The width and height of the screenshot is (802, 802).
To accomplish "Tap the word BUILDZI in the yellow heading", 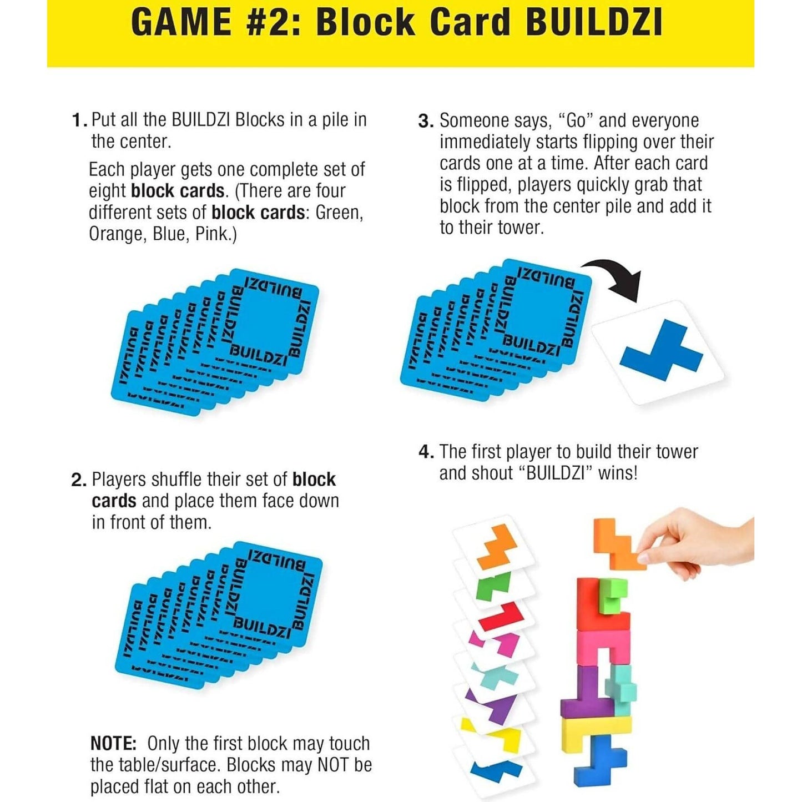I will click(593, 23).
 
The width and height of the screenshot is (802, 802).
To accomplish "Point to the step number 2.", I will click(78, 480).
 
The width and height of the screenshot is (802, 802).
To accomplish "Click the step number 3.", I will click(425, 122).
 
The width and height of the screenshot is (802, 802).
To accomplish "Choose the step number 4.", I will click(426, 452).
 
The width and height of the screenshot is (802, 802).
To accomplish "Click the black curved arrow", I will click(616, 278).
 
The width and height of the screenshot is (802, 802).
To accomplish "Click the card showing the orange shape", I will click(491, 546).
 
